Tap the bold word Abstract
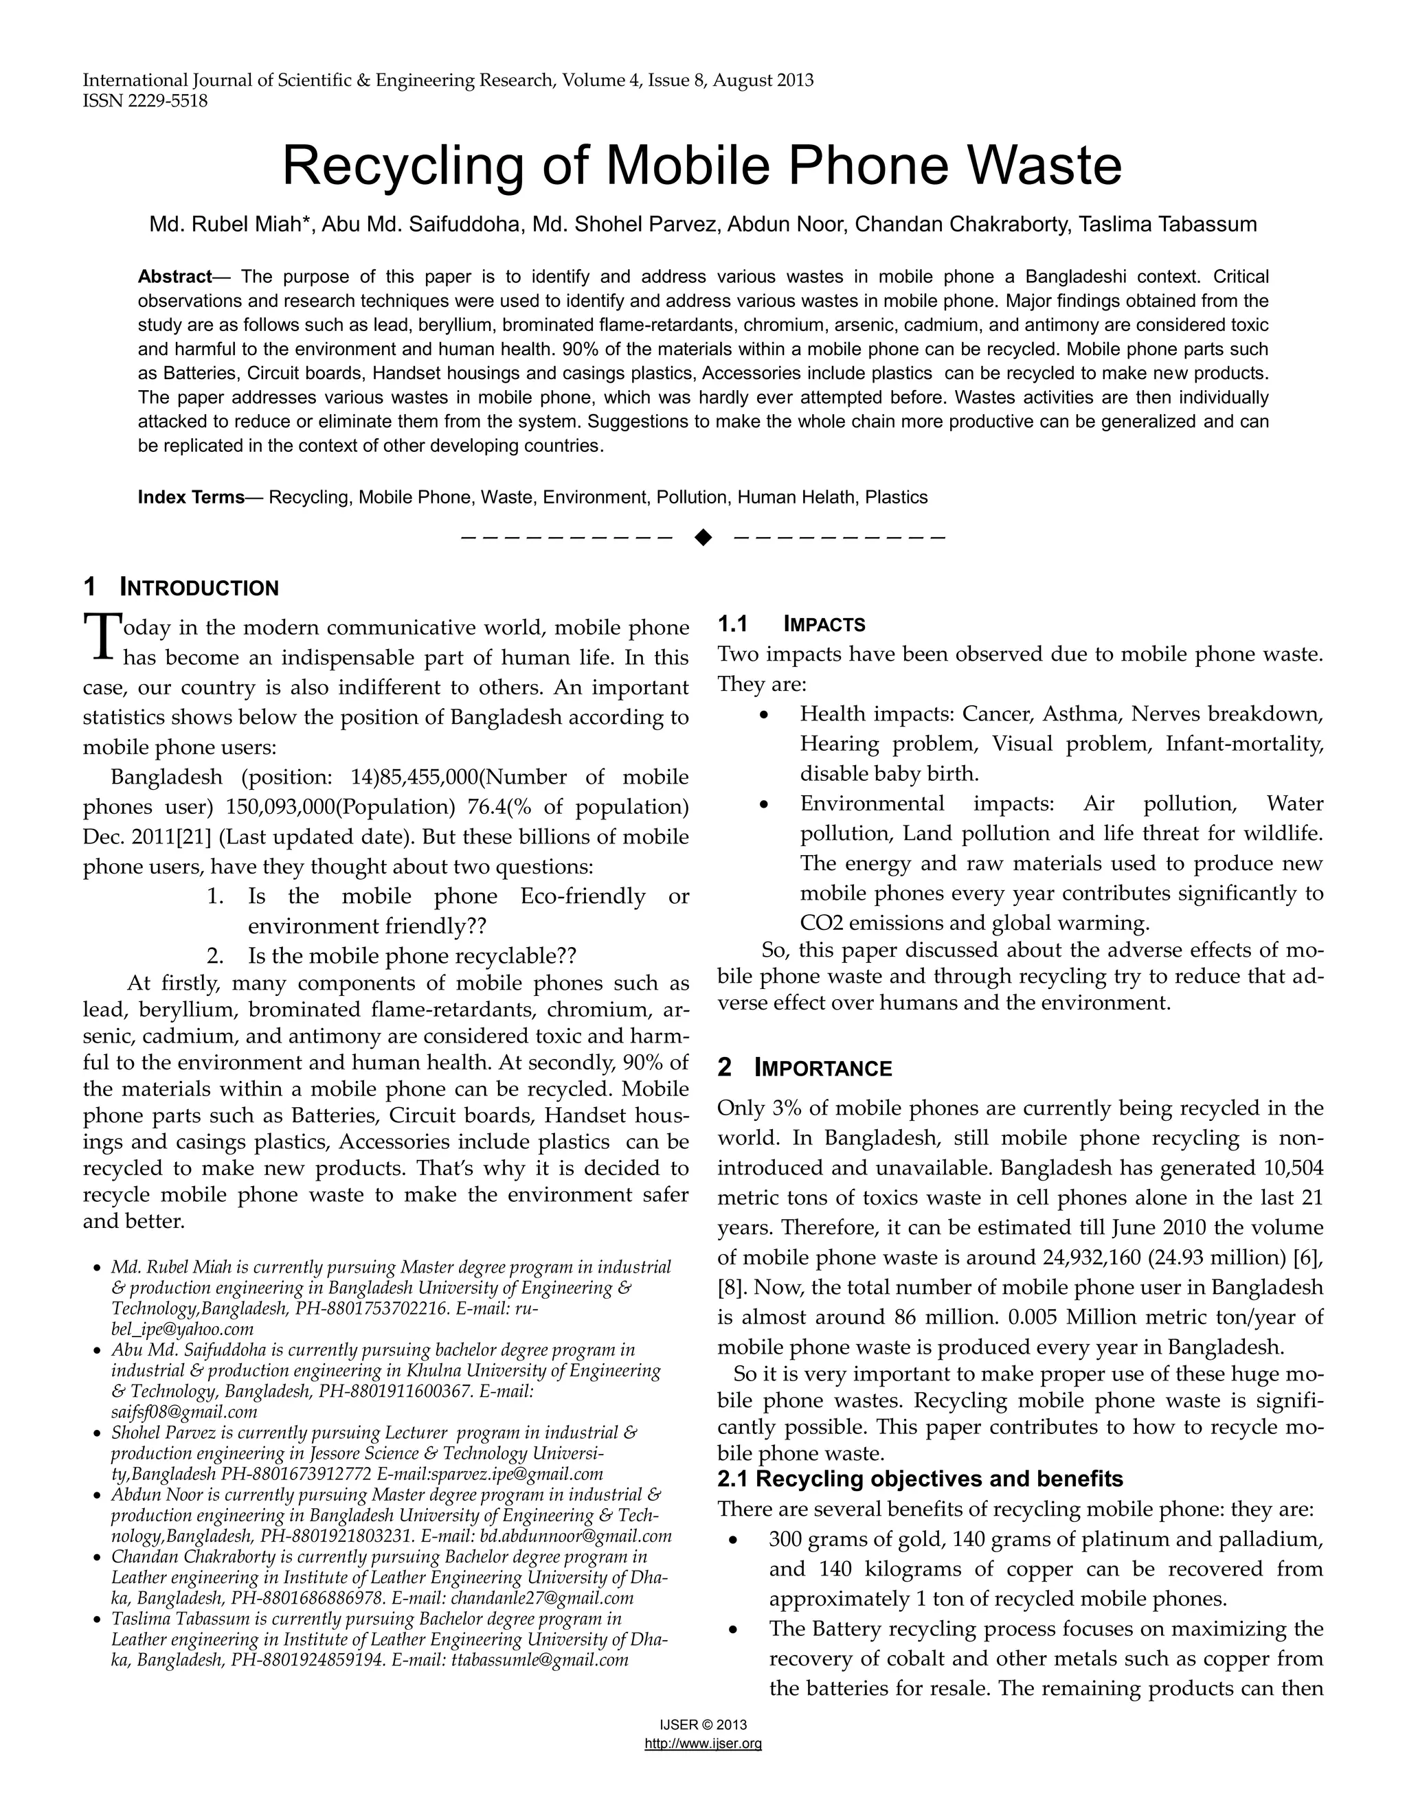tap(175, 277)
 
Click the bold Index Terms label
tap(191, 497)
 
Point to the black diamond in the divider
tap(703, 536)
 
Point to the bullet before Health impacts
tap(765, 715)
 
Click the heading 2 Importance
tap(804, 1069)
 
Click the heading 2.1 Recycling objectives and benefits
tap(919, 1479)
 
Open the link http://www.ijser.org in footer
tap(703, 1743)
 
